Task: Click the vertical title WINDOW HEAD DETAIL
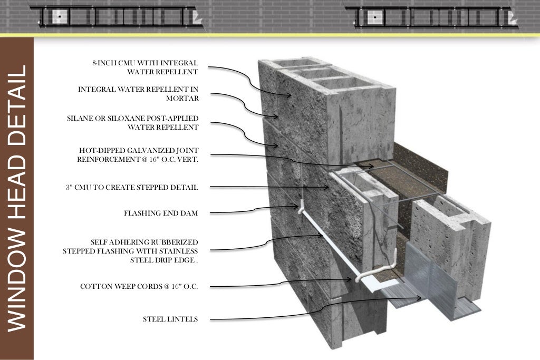tap(17, 198)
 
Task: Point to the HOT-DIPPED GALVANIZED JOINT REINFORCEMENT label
tap(138, 154)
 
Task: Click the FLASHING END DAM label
tap(161, 213)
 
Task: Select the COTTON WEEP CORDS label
tap(139, 286)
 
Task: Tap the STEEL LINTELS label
tap(170, 319)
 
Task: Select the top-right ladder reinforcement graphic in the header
tap(432, 17)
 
